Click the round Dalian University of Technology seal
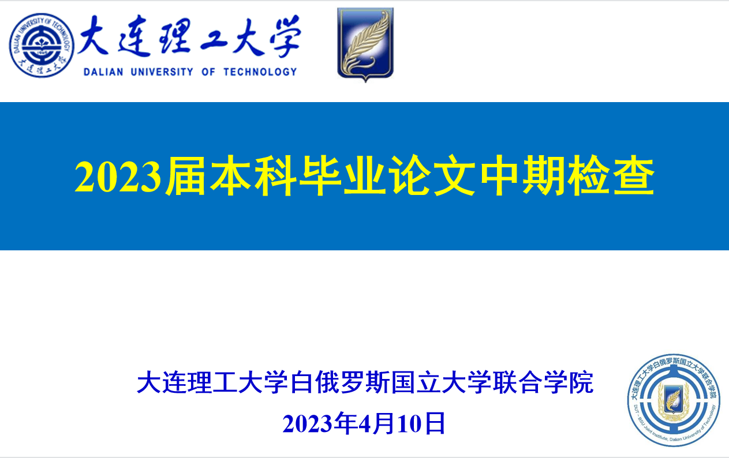pos(42,45)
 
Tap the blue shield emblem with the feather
pos(365,44)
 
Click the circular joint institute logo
pos(674,400)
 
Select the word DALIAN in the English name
pos(103,72)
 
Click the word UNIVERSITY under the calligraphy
pos(162,72)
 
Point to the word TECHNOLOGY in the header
pos(260,72)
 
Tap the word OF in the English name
pos(208,72)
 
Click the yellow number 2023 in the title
pos(118,177)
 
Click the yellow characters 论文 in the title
pos(433,176)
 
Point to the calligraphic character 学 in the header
pos(285,36)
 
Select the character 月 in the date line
pos(385,423)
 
